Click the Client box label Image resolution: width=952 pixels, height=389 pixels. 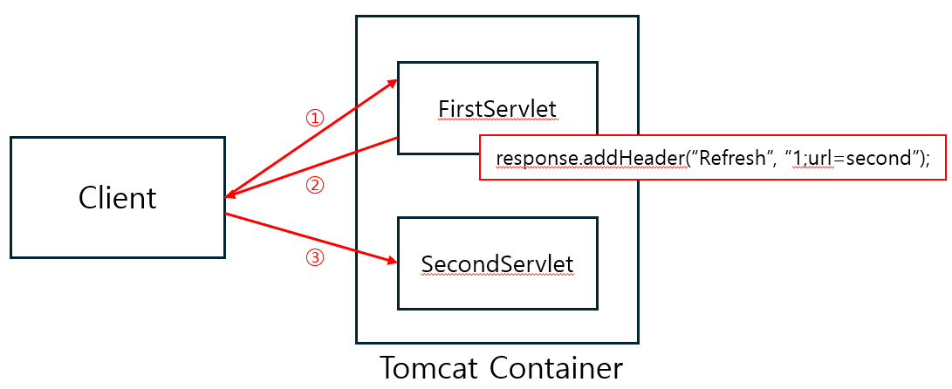[118, 198]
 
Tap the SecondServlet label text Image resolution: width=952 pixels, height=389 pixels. [497, 263]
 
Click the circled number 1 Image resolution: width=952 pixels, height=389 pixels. [314, 118]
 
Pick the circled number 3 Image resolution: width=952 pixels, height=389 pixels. [316, 258]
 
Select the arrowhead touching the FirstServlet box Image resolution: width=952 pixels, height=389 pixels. [393, 83]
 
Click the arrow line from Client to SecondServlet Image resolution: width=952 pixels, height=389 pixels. [305, 236]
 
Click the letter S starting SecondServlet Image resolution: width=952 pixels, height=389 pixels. [427, 263]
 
